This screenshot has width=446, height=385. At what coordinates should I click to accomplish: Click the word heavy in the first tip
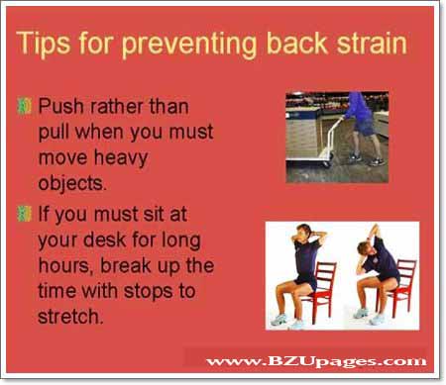tap(126, 158)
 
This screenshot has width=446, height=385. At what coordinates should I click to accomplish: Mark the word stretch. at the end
tap(72, 319)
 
